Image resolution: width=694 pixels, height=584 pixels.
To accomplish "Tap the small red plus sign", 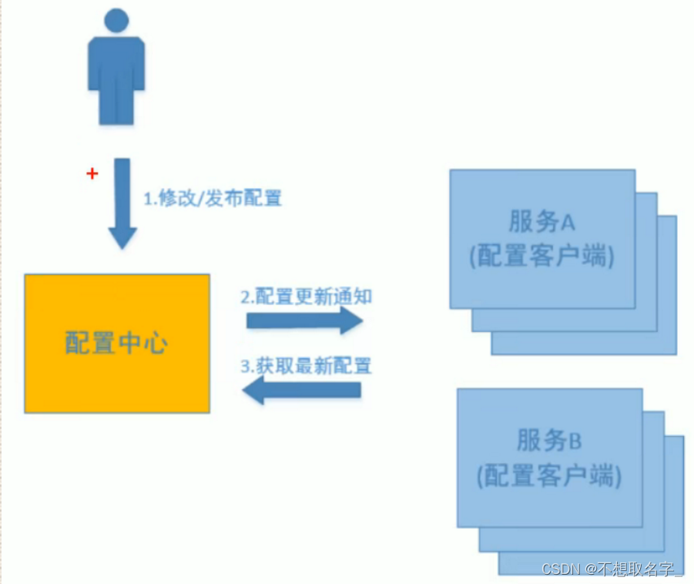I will (92, 174).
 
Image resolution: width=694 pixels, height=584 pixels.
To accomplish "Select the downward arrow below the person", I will (122, 203).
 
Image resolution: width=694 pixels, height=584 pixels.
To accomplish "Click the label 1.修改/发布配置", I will (213, 198).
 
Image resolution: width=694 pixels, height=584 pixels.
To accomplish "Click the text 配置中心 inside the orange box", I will (117, 344).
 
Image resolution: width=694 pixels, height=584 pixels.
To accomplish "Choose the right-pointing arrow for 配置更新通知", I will (304, 320).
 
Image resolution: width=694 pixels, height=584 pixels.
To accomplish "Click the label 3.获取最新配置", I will (307, 366).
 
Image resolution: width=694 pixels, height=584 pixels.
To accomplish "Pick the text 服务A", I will (542, 222).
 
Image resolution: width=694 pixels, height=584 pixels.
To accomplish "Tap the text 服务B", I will (549, 441).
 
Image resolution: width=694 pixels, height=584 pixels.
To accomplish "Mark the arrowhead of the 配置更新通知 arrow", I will (351, 320).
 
